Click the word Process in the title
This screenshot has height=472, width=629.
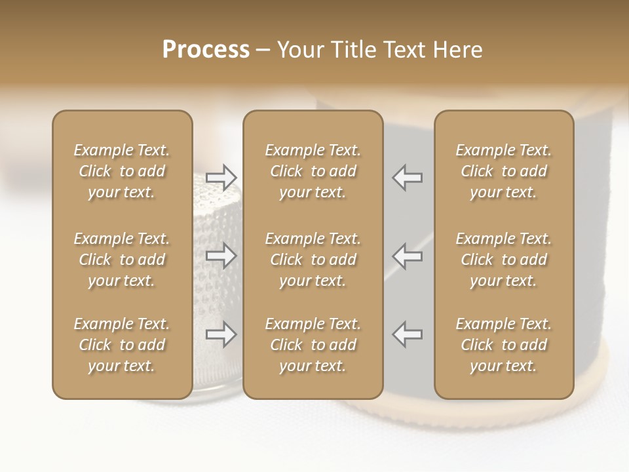[x=206, y=50]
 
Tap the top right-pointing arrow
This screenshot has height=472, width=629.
[x=221, y=178]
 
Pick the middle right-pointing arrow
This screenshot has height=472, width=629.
[x=221, y=256]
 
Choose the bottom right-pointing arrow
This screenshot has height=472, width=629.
[x=221, y=334]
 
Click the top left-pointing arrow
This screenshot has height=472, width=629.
[x=407, y=178]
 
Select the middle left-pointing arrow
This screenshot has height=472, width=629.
[x=407, y=256]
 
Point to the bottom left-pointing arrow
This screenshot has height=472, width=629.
[x=407, y=334]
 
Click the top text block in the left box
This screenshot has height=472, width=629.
[x=122, y=171]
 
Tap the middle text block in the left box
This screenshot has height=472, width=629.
[x=122, y=260]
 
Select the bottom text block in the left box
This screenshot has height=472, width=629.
[x=122, y=345]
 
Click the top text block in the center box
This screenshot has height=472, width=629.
[x=313, y=171]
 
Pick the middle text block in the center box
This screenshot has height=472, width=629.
[x=313, y=260]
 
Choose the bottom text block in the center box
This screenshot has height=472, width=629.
[x=313, y=345]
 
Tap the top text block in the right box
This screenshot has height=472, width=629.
[x=503, y=171]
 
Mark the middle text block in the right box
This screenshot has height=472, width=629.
[x=503, y=260]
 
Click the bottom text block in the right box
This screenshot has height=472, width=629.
[x=503, y=345]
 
